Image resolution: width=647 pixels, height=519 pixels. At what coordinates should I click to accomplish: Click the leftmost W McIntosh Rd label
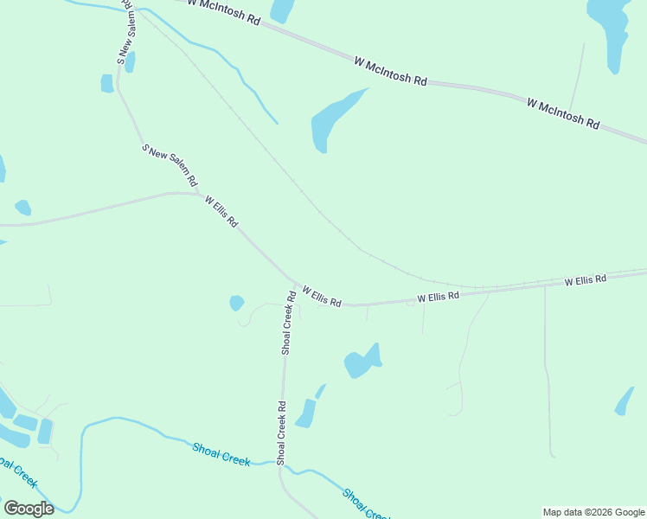pyautogui.click(x=222, y=11)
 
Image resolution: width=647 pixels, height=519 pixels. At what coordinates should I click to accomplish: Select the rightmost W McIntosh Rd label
pyautogui.click(x=562, y=113)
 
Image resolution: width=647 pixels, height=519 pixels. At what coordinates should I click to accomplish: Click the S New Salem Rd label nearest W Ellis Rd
pyautogui.click(x=170, y=165)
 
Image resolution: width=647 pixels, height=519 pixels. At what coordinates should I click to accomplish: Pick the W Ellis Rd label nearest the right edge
pyautogui.click(x=586, y=280)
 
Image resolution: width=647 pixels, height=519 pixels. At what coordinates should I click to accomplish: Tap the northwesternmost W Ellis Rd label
pyautogui.click(x=221, y=211)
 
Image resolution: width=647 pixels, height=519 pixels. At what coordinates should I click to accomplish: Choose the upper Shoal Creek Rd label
pyautogui.click(x=289, y=322)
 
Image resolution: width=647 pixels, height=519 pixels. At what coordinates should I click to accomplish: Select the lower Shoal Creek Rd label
pyautogui.click(x=281, y=432)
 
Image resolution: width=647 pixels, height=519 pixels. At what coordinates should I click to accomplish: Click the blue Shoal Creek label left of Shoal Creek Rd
pyautogui.click(x=221, y=453)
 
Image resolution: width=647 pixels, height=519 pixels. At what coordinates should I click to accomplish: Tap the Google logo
pyautogui.click(x=29, y=509)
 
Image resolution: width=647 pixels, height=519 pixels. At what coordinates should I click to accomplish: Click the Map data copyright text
pyautogui.click(x=593, y=512)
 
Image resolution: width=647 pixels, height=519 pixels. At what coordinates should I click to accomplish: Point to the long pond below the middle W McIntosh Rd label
pyautogui.click(x=333, y=120)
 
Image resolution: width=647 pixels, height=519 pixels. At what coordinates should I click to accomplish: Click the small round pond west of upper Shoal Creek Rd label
pyautogui.click(x=236, y=303)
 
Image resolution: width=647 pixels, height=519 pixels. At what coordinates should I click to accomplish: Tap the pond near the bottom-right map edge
pyautogui.click(x=624, y=400)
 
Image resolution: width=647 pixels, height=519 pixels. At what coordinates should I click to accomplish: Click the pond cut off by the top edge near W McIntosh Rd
pyautogui.click(x=282, y=10)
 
